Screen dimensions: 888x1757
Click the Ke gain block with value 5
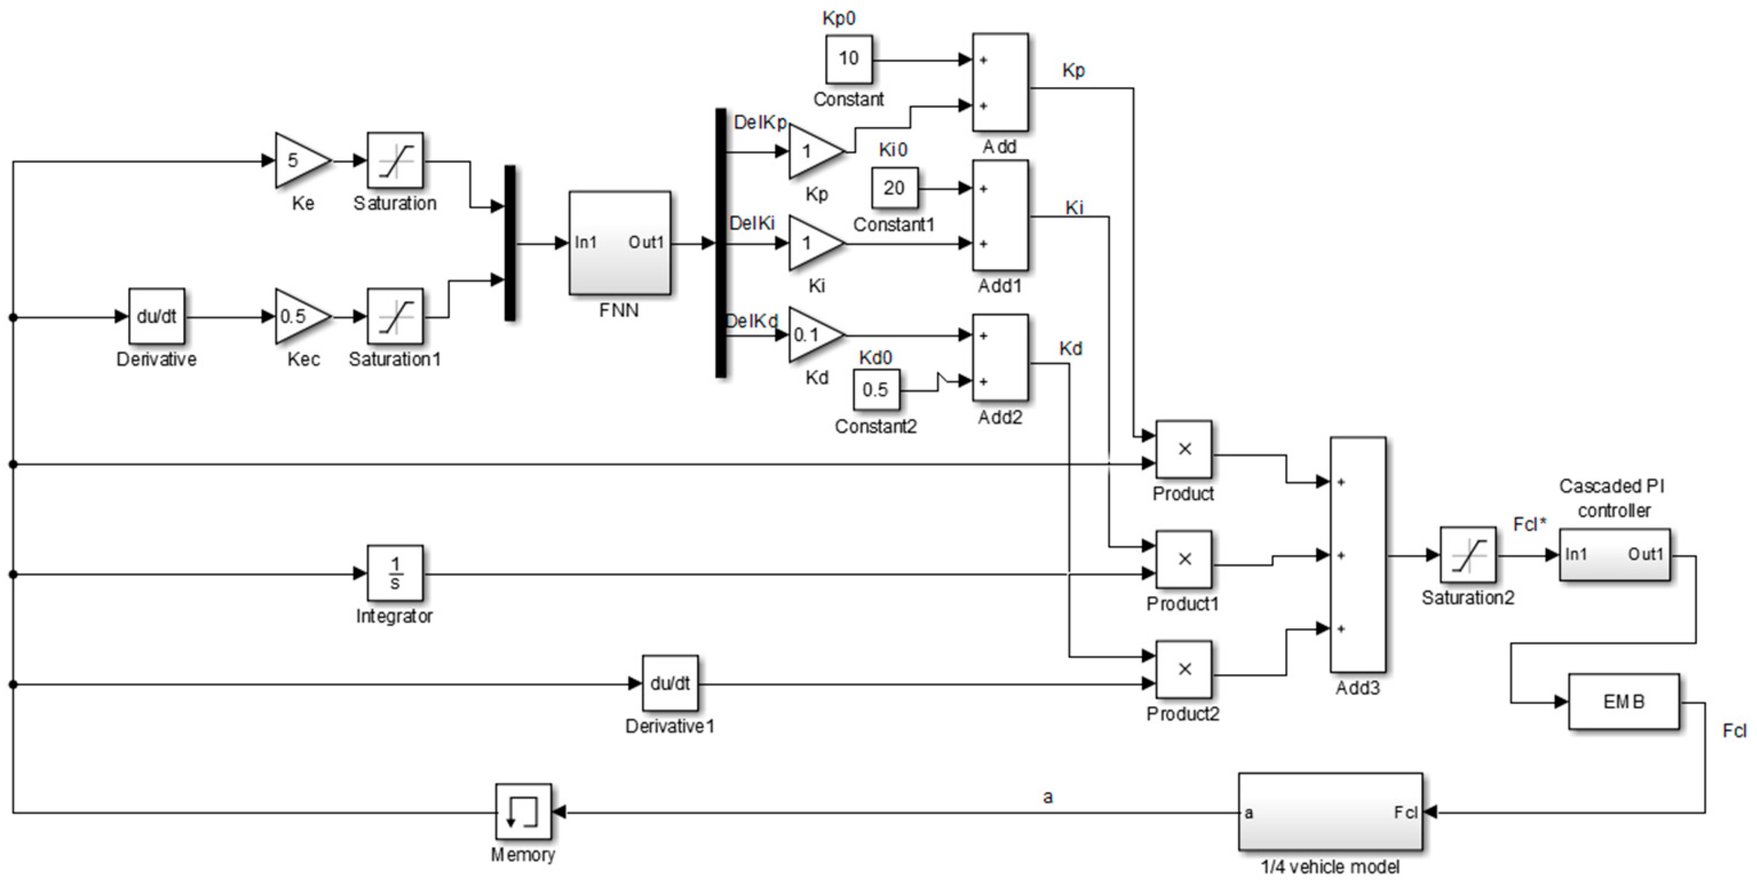click(300, 161)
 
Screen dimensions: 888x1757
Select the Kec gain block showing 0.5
click(300, 316)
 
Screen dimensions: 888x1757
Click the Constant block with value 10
click(848, 60)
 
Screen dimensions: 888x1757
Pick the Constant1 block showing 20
click(894, 188)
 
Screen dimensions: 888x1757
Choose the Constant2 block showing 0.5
click(875, 390)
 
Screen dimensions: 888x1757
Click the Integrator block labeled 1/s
click(395, 573)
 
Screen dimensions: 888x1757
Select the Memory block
click(523, 811)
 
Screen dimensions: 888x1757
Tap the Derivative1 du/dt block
click(670, 683)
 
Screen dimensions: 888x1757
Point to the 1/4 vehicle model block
click(1330, 811)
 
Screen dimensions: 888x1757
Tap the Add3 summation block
click(1357, 555)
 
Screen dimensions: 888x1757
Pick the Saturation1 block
click(395, 316)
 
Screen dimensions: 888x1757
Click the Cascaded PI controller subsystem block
click(1614, 555)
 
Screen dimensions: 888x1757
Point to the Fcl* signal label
click(1529, 525)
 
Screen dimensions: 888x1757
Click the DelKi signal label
click(752, 223)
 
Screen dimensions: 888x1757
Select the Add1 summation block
click(1000, 216)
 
